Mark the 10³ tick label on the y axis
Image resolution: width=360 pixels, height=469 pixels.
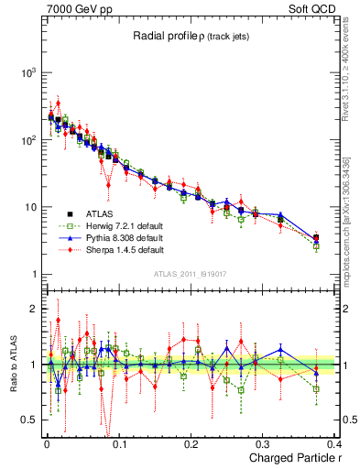[x=28, y=72]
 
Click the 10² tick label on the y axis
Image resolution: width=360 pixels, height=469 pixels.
[x=28, y=140]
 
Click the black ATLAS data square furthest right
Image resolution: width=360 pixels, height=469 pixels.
[x=316, y=238]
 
